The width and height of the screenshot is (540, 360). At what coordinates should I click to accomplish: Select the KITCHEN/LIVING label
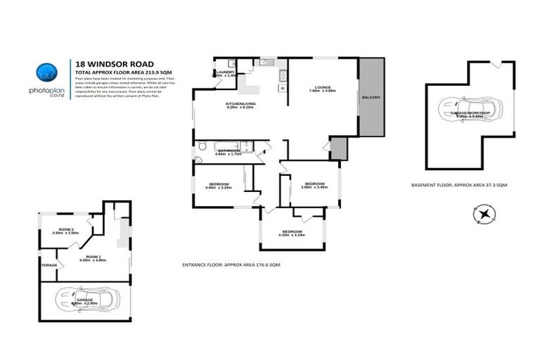240,104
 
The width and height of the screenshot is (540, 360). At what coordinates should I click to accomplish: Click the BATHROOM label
229,150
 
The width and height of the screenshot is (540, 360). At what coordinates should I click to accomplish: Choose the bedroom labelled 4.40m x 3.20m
217,185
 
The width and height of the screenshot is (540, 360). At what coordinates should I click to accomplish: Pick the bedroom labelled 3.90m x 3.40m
314,184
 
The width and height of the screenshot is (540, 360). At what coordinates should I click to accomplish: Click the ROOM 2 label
66,230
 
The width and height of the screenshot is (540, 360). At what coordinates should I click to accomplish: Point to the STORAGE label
49,265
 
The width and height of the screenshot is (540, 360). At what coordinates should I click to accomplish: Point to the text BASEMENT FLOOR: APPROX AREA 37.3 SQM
459,184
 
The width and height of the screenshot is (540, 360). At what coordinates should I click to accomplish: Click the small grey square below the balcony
338,148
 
